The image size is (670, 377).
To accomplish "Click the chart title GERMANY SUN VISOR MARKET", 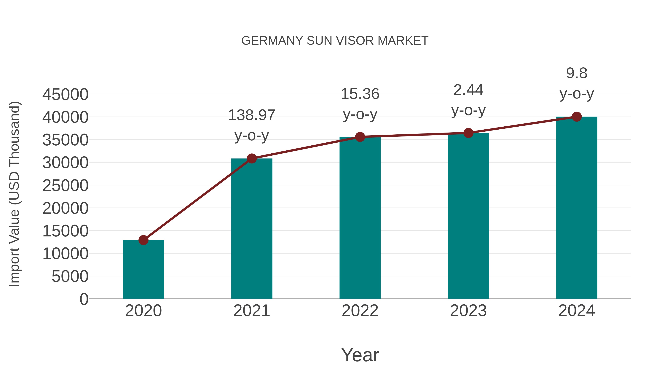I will click(x=335, y=41).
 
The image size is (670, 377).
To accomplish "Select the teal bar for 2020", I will click(x=143, y=269).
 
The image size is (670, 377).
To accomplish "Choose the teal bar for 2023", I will click(x=468, y=216).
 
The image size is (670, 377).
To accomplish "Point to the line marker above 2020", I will click(x=143, y=240).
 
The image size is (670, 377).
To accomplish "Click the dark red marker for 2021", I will click(x=251, y=158).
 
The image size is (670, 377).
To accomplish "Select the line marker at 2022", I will click(x=360, y=137).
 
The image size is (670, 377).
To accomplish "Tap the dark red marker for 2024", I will click(x=577, y=117).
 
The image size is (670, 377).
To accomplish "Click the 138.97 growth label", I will click(x=251, y=115).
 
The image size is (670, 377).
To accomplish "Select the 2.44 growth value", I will click(x=468, y=90).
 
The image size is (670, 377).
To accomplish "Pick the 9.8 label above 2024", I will click(x=577, y=73).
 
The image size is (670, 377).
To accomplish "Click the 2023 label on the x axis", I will click(x=468, y=311).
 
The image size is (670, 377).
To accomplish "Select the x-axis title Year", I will click(x=360, y=355).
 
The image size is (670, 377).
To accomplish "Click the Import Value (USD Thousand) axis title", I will click(x=14, y=194).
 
